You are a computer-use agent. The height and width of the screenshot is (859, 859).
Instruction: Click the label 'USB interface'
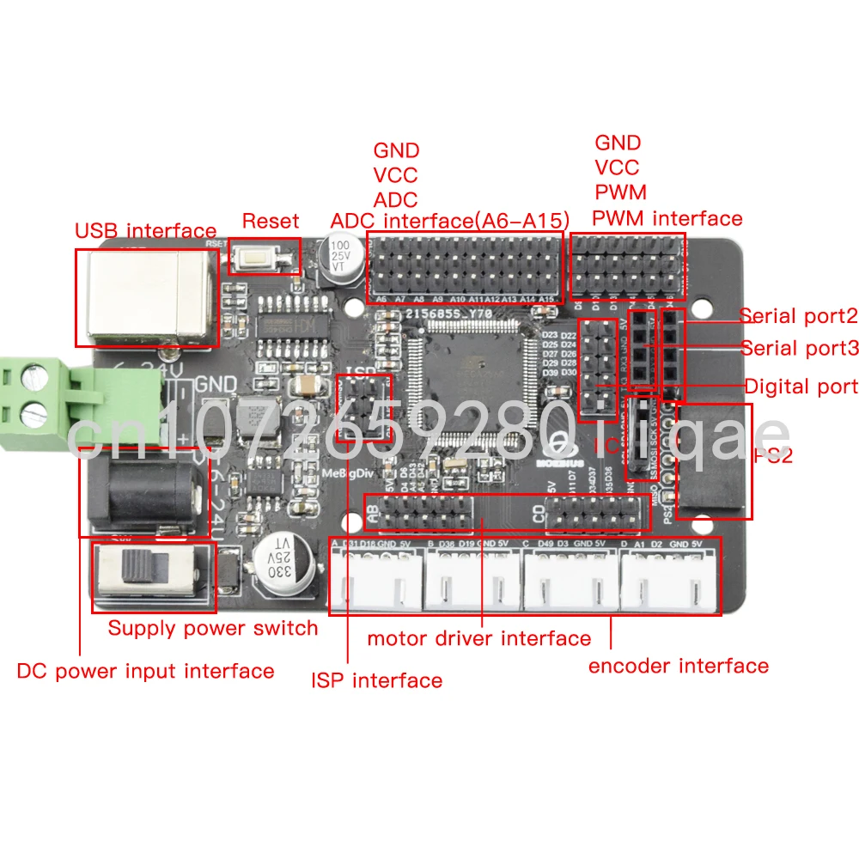pyautogui.click(x=145, y=230)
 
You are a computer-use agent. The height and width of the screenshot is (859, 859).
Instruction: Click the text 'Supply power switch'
pyautogui.click(x=212, y=628)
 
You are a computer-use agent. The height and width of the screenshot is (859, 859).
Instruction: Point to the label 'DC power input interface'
pyautogui.click(x=145, y=671)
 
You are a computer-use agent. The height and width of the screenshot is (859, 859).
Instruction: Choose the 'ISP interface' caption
pyautogui.click(x=376, y=681)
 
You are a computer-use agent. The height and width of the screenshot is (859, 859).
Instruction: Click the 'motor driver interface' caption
pyautogui.click(x=478, y=638)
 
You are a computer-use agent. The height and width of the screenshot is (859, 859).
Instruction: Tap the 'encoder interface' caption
pyautogui.click(x=678, y=666)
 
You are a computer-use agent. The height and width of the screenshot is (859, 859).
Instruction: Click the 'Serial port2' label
pyautogui.click(x=798, y=316)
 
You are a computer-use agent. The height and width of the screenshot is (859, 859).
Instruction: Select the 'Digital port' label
pyautogui.click(x=801, y=387)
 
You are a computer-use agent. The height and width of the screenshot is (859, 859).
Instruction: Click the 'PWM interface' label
pyautogui.click(x=667, y=218)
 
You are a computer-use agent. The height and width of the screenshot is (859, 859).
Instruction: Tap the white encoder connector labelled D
pyautogui.click(x=670, y=580)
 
